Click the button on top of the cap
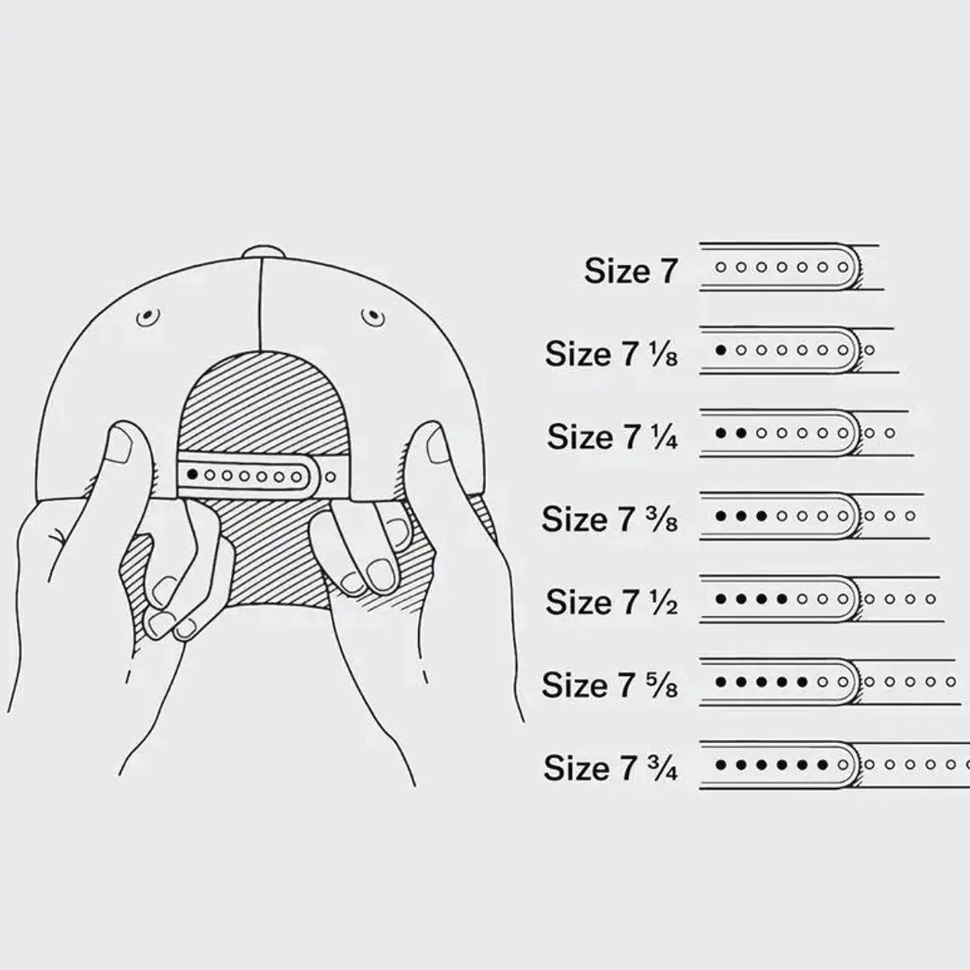(262, 251)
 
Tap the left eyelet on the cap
(148, 317)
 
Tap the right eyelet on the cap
(373, 317)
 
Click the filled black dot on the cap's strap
(192, 474)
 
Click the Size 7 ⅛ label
(612, 353)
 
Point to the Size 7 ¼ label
(612, 436)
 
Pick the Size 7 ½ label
(612, 602)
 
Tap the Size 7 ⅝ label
(610, 685)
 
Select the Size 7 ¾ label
(611, 767)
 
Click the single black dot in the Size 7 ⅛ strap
(721, 350)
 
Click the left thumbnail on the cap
(121, 447)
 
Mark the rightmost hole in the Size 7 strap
(843, 268)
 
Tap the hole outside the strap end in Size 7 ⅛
(869, 350)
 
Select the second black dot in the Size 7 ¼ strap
(741, 433)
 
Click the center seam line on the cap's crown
(261, 304)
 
